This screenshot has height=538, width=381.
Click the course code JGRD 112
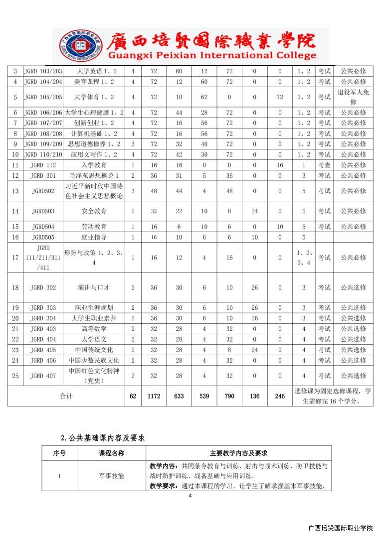[x=43, y=165]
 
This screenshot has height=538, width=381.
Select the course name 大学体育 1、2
[x=94, y=97]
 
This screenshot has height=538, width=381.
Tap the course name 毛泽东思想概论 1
[x=94, y=175]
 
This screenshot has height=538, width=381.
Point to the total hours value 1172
[x=154, y=396]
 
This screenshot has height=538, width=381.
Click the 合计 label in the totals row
[x=66, y=396]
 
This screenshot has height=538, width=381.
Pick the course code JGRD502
[x=43, y=191]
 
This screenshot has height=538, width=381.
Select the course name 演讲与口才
[x=94, y=287]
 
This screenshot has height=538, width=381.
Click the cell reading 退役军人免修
[x=353, y=97]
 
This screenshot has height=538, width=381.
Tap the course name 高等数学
[x=94, y=329]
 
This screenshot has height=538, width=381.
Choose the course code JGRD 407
[x=43, y=376]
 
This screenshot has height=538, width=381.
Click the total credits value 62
[x=133, y=396]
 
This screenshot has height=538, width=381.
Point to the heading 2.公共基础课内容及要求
[x=103, y=438]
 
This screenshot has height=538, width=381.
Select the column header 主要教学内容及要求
[x=238, y=453]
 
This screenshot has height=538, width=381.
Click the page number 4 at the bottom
[x=190, y=496]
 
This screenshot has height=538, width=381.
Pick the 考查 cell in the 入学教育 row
[x=324, y=165]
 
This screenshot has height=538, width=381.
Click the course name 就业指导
[x=94, y=237]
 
